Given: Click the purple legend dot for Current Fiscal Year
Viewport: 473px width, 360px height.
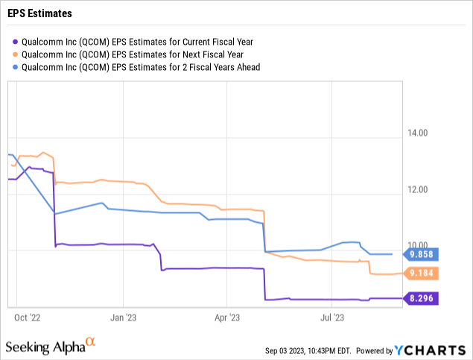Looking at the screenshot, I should click(x=16, y=41).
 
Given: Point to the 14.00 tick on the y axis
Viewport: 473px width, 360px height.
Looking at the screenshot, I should click(x=419, y=134).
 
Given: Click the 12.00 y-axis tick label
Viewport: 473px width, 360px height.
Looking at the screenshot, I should click(x=419, y=190).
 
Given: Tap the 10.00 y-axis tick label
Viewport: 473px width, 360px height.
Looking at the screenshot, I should click(x=419, y=245).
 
